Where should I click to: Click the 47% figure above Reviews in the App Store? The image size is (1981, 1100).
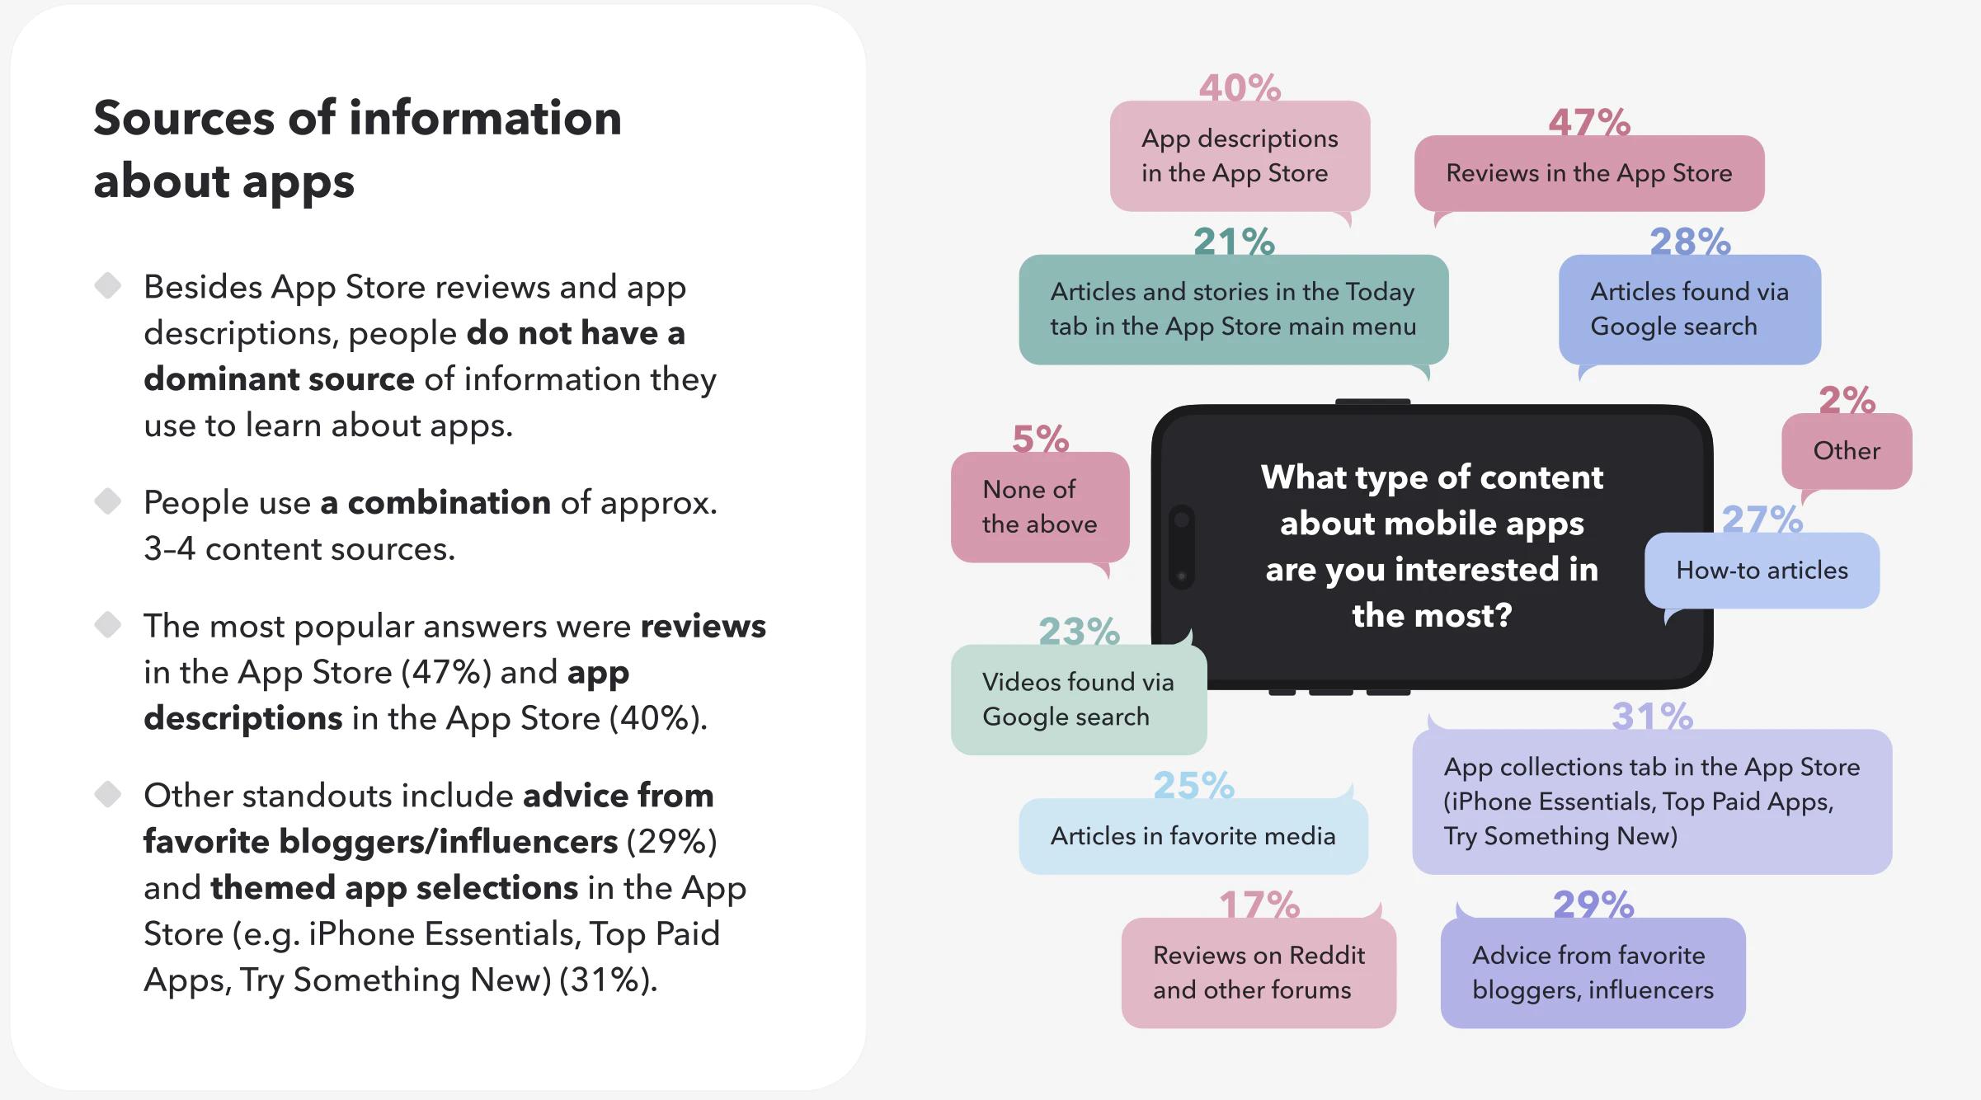1589,122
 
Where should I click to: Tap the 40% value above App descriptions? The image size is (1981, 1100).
1240,87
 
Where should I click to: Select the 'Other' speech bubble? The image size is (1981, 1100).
1847,451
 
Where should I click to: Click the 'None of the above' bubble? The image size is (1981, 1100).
1039,507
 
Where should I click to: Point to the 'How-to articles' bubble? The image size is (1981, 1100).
1762,571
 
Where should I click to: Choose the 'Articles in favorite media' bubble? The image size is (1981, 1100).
1193,836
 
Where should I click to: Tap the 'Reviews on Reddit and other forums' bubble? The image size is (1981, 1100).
1259,973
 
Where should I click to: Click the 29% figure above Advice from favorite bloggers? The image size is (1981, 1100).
1593,905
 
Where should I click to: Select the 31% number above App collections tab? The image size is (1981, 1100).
1652,716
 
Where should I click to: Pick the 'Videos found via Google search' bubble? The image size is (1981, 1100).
1078,699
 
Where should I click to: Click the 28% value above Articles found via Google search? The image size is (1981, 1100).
1690,242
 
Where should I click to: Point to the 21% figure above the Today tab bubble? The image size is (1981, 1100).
1234,242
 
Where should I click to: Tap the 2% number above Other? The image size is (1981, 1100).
1847,400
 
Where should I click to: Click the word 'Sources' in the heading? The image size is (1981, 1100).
183,118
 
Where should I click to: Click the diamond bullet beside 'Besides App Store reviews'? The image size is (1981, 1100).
108,286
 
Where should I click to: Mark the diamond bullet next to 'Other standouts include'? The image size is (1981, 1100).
108,795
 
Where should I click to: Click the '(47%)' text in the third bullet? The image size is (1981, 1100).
445,672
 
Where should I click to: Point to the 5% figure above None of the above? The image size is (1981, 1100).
1040,439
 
